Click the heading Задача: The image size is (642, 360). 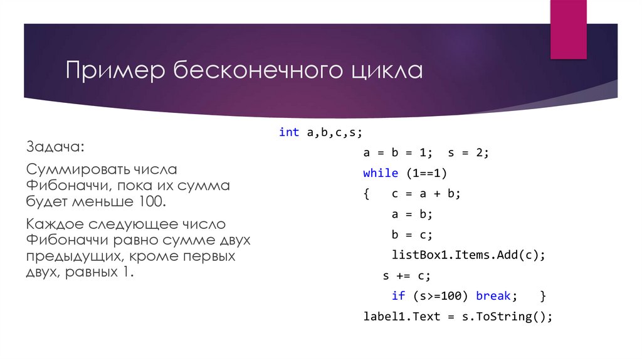click(54, 147)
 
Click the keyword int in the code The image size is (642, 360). click(288, 132)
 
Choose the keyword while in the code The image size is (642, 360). click(381, 173)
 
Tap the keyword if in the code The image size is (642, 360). click(398, 295)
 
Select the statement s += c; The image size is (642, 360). click(407, 275)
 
